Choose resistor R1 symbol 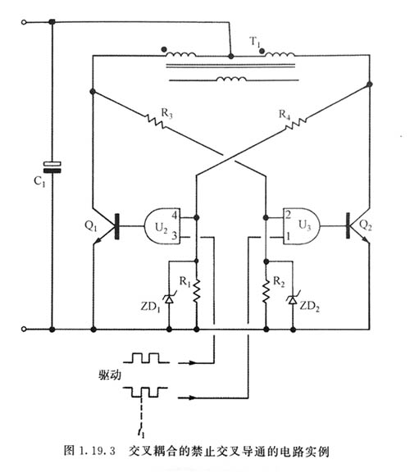[x=197, y=292]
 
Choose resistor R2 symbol [x=266, y=292]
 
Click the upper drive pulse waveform [x=146, y=358]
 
